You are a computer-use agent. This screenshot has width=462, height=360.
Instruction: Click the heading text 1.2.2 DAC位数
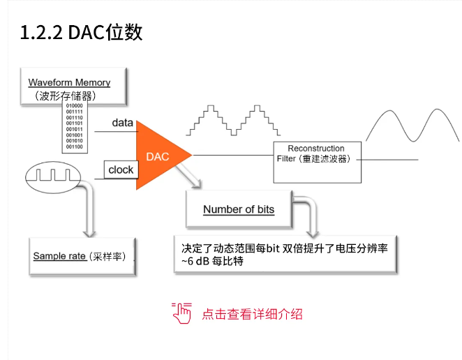click(81, 33)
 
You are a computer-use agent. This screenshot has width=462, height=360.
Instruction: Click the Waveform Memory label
click(69, 82)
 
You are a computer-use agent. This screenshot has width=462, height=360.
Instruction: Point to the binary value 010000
click(75, 106)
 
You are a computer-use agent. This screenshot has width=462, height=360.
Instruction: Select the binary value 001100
click(75, 147)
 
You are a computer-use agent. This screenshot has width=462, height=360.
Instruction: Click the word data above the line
click(122, 123)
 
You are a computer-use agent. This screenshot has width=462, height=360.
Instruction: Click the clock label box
click(121, 170)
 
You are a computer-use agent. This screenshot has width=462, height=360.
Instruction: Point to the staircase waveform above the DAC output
click(225, 119)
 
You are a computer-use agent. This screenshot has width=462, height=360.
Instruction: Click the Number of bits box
click(239, 209)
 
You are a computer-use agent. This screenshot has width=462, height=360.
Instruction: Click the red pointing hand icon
click(181, 313)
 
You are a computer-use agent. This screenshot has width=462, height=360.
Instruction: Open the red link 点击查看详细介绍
click(252, 314)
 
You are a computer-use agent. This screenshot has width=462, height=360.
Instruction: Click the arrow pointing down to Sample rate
click(89, 209)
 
